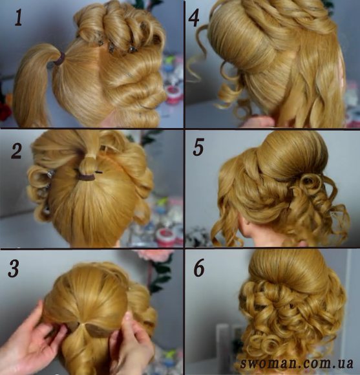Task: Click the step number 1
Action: point(18,18)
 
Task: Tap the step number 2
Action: point(17,151)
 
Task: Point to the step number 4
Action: point(194,18)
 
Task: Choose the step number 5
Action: point(198,147)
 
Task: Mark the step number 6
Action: point(199,268)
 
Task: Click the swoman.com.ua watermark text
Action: point(297,363)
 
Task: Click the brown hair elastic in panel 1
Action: point(59,59)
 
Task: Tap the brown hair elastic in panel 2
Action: point(87,177)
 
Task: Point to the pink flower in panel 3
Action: point(154,258)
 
